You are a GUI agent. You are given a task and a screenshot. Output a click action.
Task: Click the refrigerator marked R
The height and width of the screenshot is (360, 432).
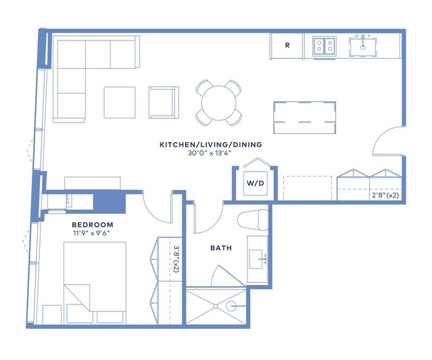tap(287, 45)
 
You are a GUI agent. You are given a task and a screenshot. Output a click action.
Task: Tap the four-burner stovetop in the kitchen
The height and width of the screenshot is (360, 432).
tap(325, 46)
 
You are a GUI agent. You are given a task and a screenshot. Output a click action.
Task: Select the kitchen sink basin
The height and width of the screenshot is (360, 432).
tap(363, 46)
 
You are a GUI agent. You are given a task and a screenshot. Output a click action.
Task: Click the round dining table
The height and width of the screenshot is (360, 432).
tap(219, 103)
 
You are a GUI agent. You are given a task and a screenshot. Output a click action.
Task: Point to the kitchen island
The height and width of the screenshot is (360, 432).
tap(305, 118)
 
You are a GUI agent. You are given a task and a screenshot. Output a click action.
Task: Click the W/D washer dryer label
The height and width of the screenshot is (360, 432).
tap(255, 183)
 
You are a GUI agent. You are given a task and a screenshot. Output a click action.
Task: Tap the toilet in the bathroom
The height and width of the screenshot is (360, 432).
tap(253, 219)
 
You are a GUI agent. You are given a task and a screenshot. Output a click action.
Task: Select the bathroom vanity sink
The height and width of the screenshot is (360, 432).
tap(256, 259)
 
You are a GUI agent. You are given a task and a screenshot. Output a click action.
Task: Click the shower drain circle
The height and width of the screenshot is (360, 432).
tap(231, 306)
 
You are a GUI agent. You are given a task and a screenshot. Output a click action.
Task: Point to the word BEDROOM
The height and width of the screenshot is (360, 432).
tap(93, 225)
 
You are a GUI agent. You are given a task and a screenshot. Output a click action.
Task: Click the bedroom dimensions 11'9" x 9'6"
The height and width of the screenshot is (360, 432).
tap(91, 233)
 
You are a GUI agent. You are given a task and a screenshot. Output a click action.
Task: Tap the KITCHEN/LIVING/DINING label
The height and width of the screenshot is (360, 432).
tap(211, 145)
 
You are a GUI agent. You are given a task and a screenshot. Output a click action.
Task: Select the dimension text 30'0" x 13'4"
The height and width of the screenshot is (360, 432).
tap(210, 153)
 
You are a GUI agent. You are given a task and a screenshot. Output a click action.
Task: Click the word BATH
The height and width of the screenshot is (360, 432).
tap(221, 248)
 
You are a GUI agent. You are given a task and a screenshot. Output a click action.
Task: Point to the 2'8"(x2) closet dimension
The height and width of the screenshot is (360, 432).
tap(385, 196)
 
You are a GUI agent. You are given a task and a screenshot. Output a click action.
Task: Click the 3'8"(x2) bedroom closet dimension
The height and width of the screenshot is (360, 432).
tap(176, 260)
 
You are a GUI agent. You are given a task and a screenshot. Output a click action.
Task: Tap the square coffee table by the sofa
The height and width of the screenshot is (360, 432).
tap(120, 102)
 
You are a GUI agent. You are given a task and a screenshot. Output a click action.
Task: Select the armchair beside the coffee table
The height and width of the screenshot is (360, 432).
tap(164, 102)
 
